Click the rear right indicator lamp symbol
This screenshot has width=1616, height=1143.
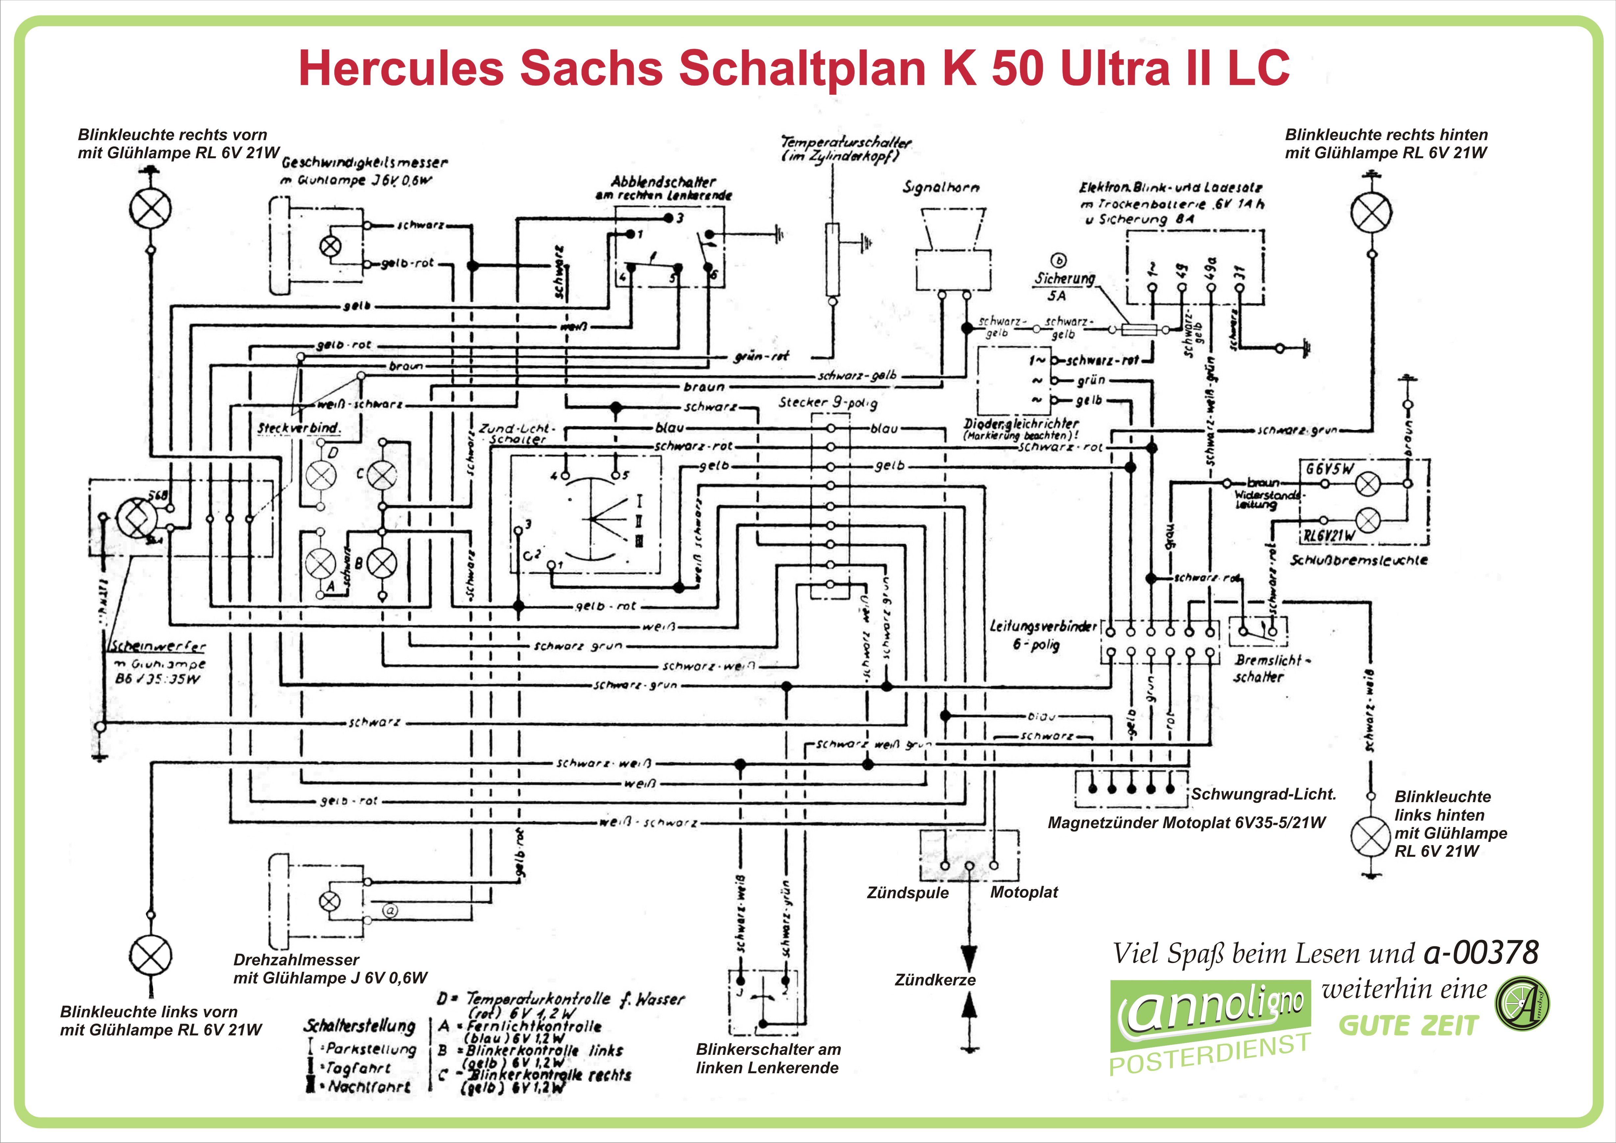pyautogui.click(x=1371, y=212)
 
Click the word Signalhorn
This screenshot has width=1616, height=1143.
pyautogui.click(x=941, y=188)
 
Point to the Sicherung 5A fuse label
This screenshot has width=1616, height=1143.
pyautogui.click(x=1063, y=286)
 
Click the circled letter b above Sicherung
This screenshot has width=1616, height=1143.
pyautogui.click(x=1058, y=261)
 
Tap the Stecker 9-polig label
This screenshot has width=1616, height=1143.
pyautogui.click(x=828, y=402)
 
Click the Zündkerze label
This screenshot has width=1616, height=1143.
pyautogui.click(x=935, y=979)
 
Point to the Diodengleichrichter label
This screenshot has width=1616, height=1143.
pyautogui.click(x=1021, y=424)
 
